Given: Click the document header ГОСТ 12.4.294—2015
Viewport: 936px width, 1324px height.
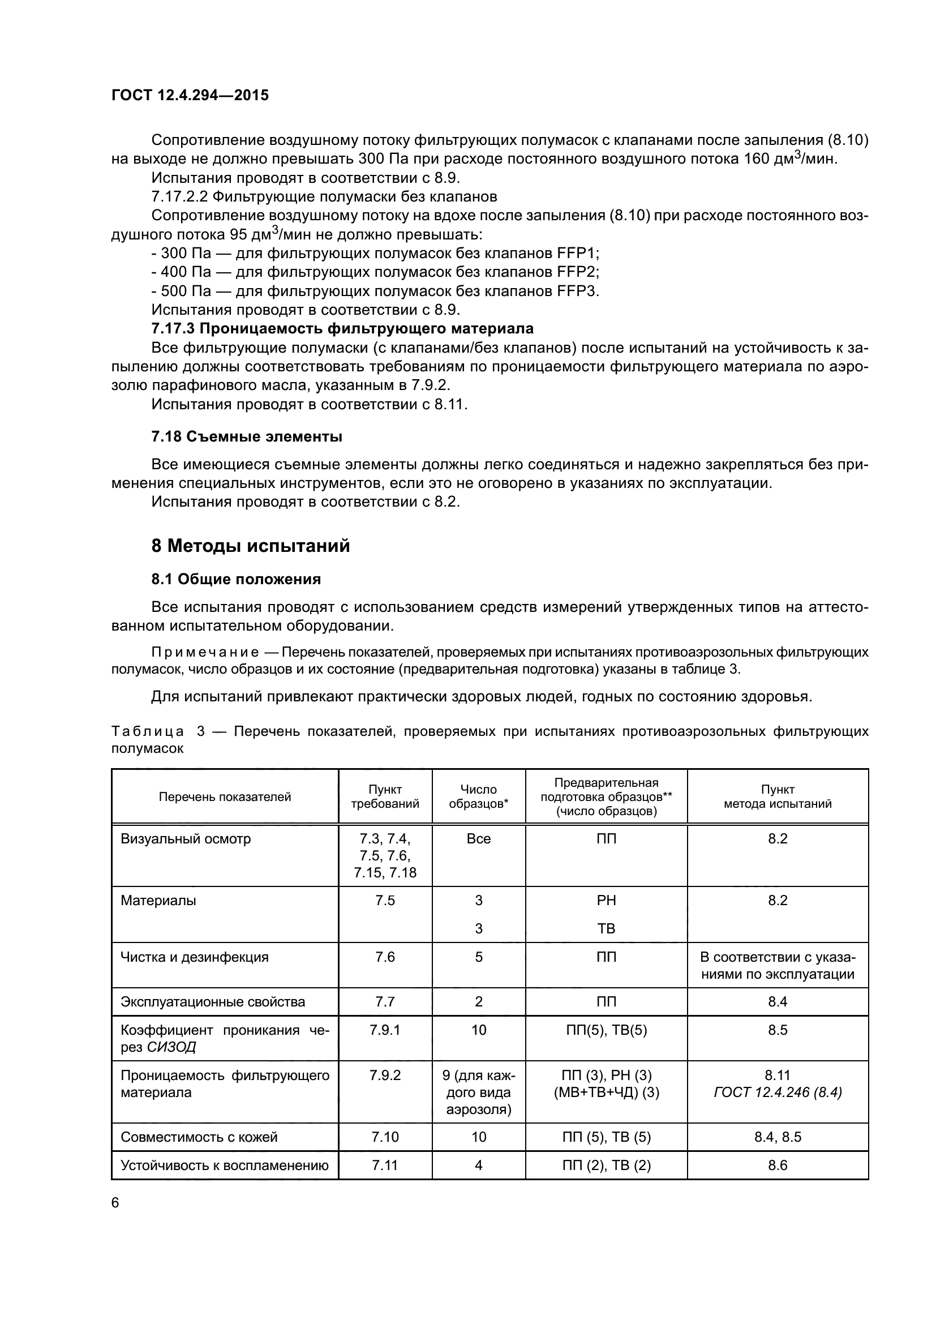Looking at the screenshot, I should click(190, 96).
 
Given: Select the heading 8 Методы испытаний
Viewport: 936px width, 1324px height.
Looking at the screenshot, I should click(251, 546).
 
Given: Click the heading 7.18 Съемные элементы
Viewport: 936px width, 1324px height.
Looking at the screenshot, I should click(247, 436).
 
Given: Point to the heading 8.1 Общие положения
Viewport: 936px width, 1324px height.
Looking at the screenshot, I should click(236, 579).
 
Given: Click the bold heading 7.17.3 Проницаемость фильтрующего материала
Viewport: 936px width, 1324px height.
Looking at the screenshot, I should click(342, 329).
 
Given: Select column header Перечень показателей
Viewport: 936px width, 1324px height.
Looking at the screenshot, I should click(225, 797).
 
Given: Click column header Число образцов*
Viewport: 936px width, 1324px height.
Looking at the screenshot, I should click(478, 796).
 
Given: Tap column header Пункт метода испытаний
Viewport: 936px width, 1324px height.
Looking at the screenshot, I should click(778, 796).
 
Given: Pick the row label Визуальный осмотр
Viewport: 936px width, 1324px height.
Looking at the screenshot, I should click(186, 838).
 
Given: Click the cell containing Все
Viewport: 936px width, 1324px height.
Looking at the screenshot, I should click(478, 838).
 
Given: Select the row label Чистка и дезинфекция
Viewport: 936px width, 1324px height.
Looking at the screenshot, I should click(194, 957).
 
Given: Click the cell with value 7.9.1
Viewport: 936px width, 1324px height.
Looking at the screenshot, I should click(385, 1030).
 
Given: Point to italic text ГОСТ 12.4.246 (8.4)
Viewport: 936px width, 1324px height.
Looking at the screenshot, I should click(778, 1092).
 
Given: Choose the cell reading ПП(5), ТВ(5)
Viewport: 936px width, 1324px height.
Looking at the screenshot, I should click(606, 1030).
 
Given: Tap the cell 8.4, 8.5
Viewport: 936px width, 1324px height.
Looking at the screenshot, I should click(778, 1137).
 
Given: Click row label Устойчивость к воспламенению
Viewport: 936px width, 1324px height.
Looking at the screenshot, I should click(224, 1166).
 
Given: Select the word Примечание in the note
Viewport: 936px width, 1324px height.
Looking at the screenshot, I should click(205, 652).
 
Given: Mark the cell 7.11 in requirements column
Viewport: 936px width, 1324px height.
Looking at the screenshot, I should click(385, 1166).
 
